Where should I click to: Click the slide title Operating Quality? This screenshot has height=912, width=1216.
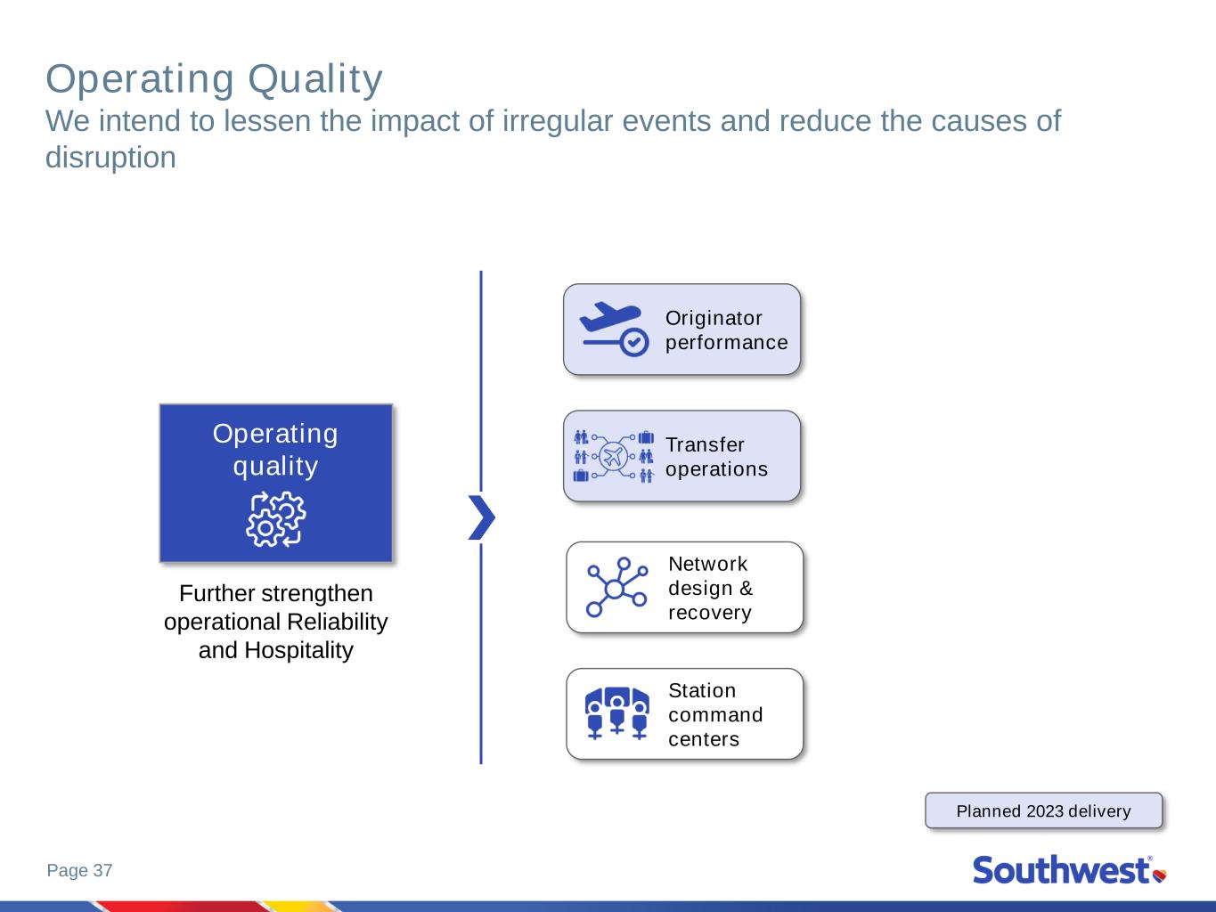tap(214, 80)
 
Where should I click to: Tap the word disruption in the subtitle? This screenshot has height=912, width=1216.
tap(110, 158)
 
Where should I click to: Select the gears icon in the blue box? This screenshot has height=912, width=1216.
tap(275, 519)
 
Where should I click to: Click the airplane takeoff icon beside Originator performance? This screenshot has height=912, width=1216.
tap(614, 330)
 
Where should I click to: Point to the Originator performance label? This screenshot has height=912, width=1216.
tap(726, 330)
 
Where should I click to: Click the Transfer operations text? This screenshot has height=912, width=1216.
tap(716, 457)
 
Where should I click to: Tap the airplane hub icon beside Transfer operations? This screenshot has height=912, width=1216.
tap(614, 457)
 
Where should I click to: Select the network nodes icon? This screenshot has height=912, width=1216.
tap(616, 587)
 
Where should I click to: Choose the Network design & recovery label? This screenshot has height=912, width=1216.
tap(710, 588)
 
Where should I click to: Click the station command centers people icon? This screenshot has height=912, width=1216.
tap(617, 713)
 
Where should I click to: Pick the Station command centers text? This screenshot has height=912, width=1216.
tap(715, 714)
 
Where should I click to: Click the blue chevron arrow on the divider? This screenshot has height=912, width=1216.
tap(481, 517)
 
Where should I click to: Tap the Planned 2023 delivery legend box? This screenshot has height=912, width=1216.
tap(1044, 810)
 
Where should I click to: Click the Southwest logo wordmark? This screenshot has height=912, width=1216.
tap(1062, 870)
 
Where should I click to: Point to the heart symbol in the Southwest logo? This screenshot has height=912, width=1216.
tap(1160, 875)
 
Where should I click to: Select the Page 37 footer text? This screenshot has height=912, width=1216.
tap(79, 870)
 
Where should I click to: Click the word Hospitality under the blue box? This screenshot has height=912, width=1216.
tap(298, 650)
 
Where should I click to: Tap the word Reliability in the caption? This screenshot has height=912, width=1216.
tap(338, 622)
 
